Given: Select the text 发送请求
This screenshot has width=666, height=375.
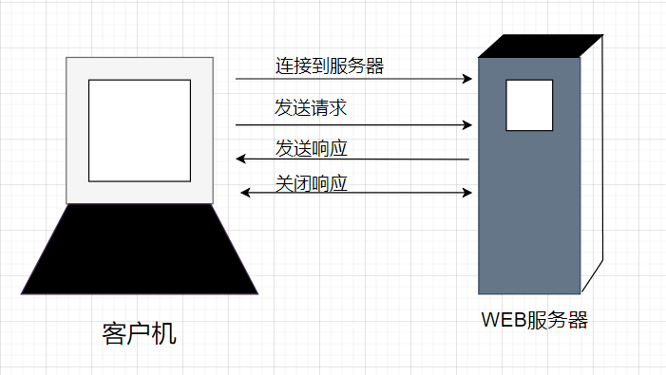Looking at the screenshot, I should point(311,107).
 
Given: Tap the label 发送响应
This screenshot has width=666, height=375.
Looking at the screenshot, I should point(311,147).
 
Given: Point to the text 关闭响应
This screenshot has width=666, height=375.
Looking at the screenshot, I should point(311,182).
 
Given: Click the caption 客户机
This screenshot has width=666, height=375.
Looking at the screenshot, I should point(139,334).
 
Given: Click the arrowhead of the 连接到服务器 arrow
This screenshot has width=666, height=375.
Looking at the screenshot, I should point(467,79).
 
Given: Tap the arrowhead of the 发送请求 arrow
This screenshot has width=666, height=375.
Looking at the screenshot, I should point(467,124).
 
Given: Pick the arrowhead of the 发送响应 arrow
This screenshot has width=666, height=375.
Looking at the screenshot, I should point(241,159).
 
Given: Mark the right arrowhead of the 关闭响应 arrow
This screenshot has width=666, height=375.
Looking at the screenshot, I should point(467,193).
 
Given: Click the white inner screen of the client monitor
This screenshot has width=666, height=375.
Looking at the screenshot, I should point(140,130).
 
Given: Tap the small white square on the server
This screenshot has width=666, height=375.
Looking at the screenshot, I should point(529,104).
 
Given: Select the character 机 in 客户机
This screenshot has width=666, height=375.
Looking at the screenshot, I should point(164,334).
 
